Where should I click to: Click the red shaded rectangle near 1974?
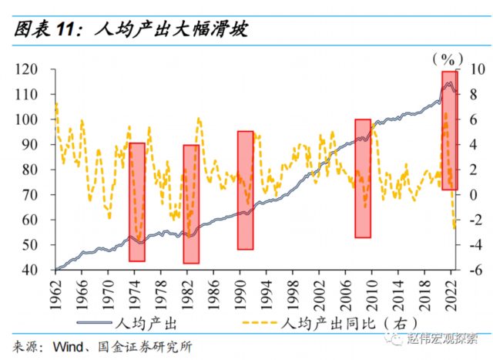[x=136, y=202]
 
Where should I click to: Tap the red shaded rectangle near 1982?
[x=191, y=204]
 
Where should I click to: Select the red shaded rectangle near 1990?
[x=245, y=190]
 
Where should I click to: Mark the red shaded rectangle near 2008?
[x=363, y=178]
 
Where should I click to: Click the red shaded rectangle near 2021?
[x=449, y=130]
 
